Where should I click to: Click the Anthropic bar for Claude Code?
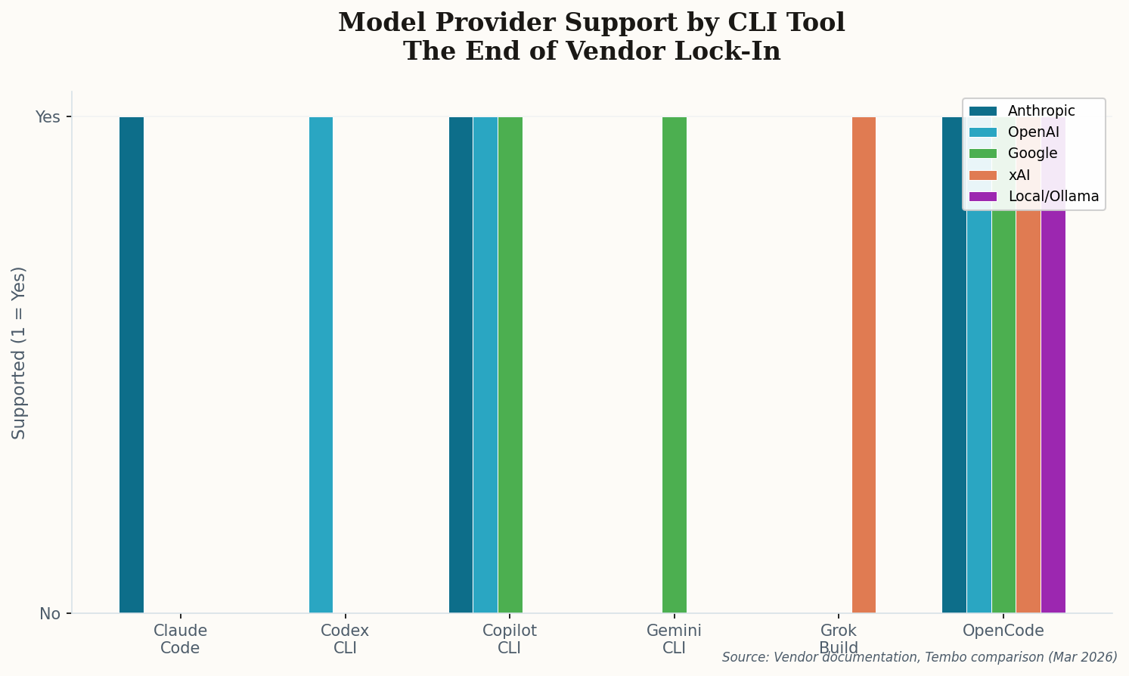132,364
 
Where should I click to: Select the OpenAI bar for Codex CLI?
321,364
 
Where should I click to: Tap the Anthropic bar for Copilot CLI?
461,364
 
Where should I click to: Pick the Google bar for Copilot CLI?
510,364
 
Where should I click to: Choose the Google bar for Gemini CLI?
675,364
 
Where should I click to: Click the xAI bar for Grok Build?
864,364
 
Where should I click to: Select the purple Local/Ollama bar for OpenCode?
1053,408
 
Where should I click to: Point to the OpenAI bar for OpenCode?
979,408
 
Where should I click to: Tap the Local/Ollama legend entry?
1053,197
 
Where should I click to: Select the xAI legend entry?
1019,175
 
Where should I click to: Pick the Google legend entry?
1032,153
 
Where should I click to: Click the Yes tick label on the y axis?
48,117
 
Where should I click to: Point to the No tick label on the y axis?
50,613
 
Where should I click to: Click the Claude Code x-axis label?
180,639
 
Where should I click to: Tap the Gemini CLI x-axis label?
674,639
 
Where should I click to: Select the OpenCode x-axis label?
1003,631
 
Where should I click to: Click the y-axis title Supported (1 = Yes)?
19,352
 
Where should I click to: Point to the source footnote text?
919,657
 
